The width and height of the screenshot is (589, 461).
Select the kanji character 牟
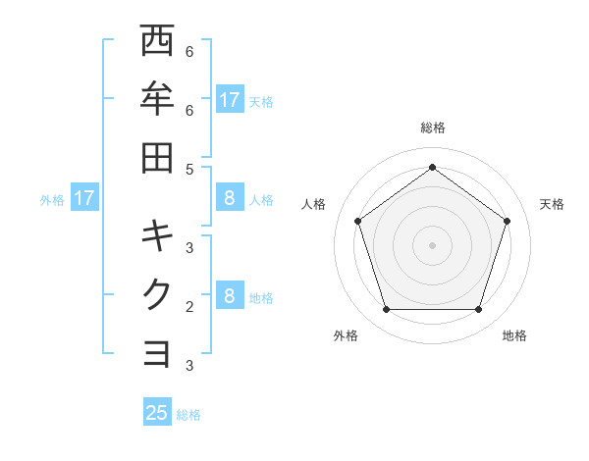[x=158, y=99]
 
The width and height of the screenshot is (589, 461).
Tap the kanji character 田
[x=158, y=158]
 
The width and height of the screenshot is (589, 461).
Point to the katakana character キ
[x=158, y=235]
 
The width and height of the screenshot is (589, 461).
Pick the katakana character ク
[x=158, y=294]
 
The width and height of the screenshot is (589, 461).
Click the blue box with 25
[x=157, y=413]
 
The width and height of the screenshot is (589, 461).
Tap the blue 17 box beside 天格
[x=229, y=99]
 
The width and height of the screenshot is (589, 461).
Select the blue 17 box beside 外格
[x=84, y=198]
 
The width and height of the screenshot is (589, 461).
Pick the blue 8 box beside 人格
[x=229, y=198]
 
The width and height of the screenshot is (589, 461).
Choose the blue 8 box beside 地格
[x=229, y=296]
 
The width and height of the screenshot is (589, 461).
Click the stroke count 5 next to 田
[x=189, y=169]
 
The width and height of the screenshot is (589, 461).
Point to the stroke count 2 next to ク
[x=189, y=306]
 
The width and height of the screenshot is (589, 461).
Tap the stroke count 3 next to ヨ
[x=189, y=366]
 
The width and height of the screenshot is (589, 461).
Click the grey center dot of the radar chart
[x=432, y=244]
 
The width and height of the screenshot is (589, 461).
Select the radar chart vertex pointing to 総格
[x=432, y=167]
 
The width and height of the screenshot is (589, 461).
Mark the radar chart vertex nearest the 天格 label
[x=507, y=221]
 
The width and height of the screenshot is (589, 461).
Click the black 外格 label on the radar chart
[x=346, y=335]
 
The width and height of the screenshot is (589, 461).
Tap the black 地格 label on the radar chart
[x=514, y=335]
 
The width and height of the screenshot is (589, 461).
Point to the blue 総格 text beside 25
[x=188, y=415]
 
